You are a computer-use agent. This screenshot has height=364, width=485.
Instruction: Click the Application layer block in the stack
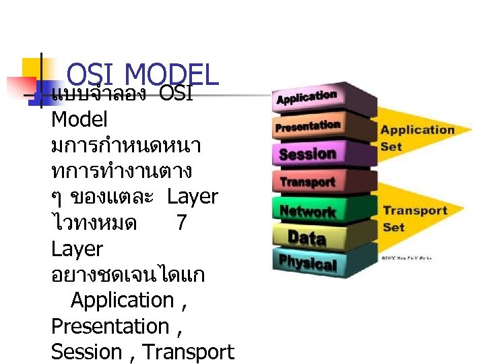[308, 98]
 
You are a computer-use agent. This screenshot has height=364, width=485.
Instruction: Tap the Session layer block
[308, 154]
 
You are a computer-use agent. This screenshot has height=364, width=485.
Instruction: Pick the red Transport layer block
[308, 182]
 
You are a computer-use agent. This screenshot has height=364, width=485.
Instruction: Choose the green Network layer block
[308, 211]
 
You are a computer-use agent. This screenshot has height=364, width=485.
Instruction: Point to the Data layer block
[307, 237]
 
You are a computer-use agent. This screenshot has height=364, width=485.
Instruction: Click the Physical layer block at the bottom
[307, 262]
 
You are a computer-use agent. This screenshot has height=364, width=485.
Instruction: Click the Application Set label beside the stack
[417, 138]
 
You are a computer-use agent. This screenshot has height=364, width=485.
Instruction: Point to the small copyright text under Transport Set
[407, 257]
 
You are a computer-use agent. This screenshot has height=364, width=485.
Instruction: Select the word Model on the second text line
[79, 120]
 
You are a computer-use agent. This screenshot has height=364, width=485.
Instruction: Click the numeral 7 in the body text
[181, 222]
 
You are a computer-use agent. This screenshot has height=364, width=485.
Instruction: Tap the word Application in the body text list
[122, 300]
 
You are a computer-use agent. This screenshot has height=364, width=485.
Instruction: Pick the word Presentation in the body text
[110, 326]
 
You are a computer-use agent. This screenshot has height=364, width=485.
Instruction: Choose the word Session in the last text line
[86, 352]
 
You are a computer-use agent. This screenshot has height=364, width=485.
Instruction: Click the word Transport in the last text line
[189, 352]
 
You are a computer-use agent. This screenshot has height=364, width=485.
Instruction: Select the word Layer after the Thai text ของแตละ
[192, 197]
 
